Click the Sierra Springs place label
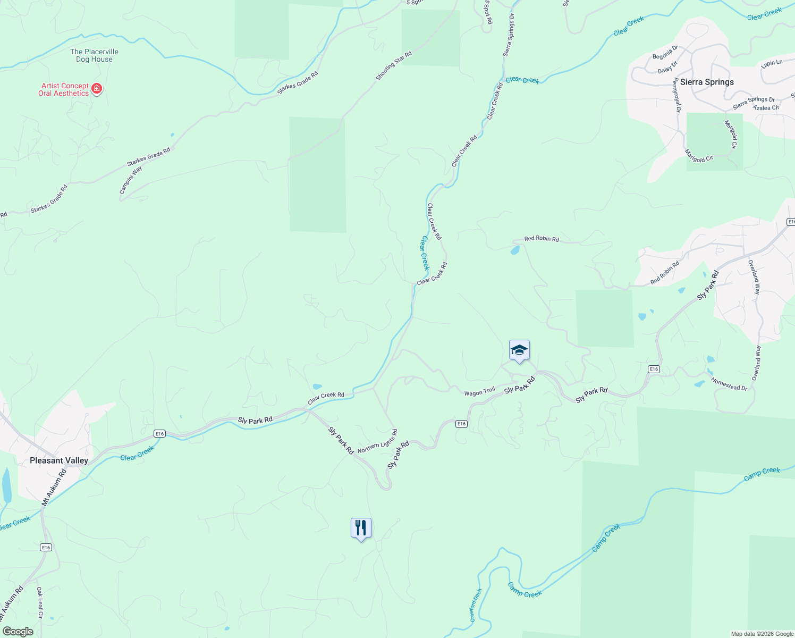tap(707, 82)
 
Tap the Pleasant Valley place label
tap(59, 460)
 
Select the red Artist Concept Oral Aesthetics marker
tap(97, 88)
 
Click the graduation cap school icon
tap(519, 350)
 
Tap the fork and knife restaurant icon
tap(361, 528)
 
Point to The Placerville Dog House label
tap(94, 55)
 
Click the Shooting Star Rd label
tap(394, 66)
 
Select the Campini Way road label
tap(131, 180)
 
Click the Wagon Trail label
tap(479, 392)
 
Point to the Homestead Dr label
tap(729, 384)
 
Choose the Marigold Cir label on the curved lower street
tap(699, 156)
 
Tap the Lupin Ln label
tap(772, 63)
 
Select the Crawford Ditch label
tap(476, 605)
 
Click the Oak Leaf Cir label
tap(40, 602)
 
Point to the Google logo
tap(18, 631)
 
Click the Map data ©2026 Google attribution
tap(762, 634)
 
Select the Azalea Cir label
tap(766, 108)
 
